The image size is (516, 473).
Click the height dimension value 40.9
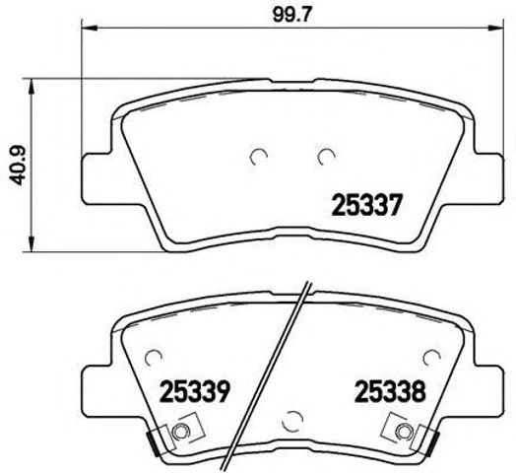tap(15, 161)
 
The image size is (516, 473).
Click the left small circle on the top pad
tap(259, 155)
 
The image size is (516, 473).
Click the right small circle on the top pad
tap(326, 155)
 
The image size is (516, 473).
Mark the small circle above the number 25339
tap(152, 358)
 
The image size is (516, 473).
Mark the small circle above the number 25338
tap(430, 357)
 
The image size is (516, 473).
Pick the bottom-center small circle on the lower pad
tap(290, 420)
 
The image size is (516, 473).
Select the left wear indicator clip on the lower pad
tap(178, 433)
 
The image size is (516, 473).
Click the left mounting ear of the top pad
tap(94, 167)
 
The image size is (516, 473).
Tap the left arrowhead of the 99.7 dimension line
tap(86, 32)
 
